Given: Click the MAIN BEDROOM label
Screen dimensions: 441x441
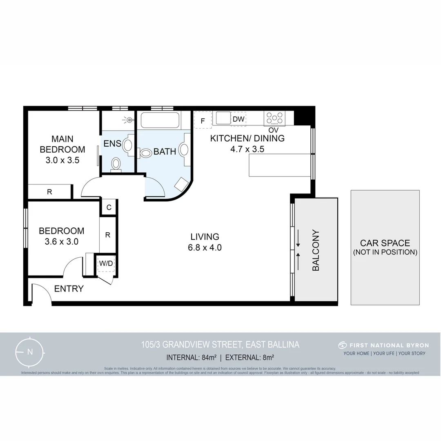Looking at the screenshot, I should pos(62,144).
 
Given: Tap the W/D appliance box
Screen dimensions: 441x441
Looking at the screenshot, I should pos(106,264).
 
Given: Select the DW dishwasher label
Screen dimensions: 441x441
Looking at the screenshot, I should pos(238,119).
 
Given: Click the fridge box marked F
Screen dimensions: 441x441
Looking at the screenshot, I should pos(203,120).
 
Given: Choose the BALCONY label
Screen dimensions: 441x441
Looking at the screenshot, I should pos(316,250).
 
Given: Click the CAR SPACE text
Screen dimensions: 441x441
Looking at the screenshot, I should pos(385,243).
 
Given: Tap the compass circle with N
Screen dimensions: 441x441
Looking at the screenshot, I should pos(29,352).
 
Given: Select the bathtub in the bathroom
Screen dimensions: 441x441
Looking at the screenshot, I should pos(160,121).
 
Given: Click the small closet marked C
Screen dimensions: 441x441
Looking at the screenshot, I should pos(109,207).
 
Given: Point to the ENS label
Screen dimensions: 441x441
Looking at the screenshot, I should pos(112,144).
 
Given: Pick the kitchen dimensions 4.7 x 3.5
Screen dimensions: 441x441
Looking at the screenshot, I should pos(247,149).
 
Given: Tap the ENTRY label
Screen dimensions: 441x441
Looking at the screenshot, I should pos(69,289).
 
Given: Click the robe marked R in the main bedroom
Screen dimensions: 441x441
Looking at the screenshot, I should pos(49,192).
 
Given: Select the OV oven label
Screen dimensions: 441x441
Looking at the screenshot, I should pos(273,130).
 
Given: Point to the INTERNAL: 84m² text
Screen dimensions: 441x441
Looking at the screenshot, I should pos(191,358).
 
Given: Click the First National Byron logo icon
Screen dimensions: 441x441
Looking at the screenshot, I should pos(342,345).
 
